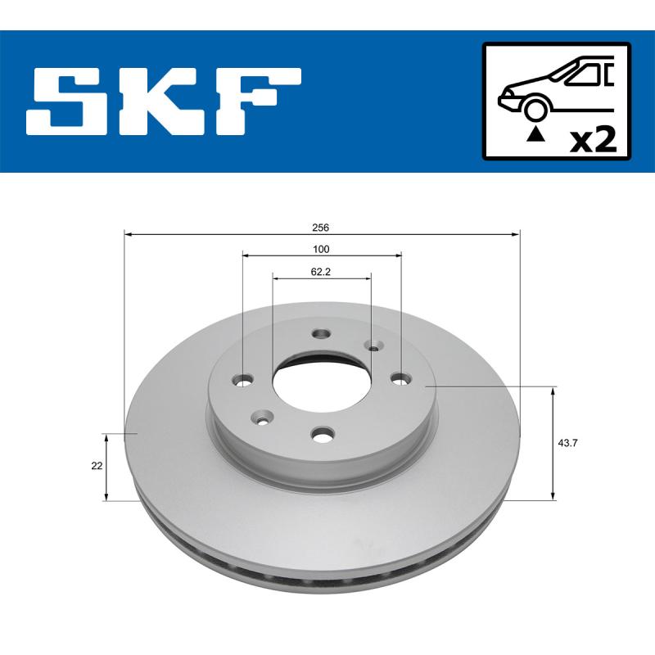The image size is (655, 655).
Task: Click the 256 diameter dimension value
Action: click(321, 227)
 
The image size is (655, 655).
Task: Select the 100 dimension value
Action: click(321, 249)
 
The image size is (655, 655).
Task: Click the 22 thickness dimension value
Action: click(97, 465)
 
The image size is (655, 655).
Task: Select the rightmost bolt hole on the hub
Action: click(400, 377)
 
